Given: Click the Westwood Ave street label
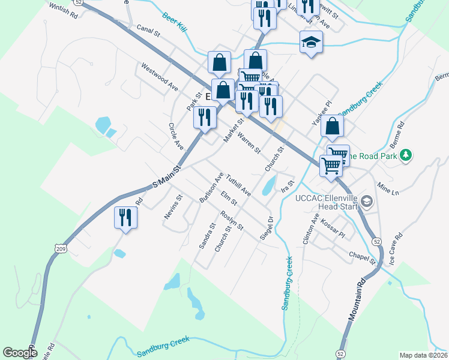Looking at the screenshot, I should [160, 77].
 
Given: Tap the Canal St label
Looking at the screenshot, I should [148, 30].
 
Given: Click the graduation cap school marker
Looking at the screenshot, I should [311, 42].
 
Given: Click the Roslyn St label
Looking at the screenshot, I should [231, 221].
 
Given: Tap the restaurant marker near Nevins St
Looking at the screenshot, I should [125, 217].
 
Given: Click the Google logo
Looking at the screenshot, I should [20, 352].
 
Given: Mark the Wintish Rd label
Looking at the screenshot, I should [60, 10].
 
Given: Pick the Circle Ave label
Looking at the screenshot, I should [176, 137].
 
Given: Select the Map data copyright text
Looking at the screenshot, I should [423, 355].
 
